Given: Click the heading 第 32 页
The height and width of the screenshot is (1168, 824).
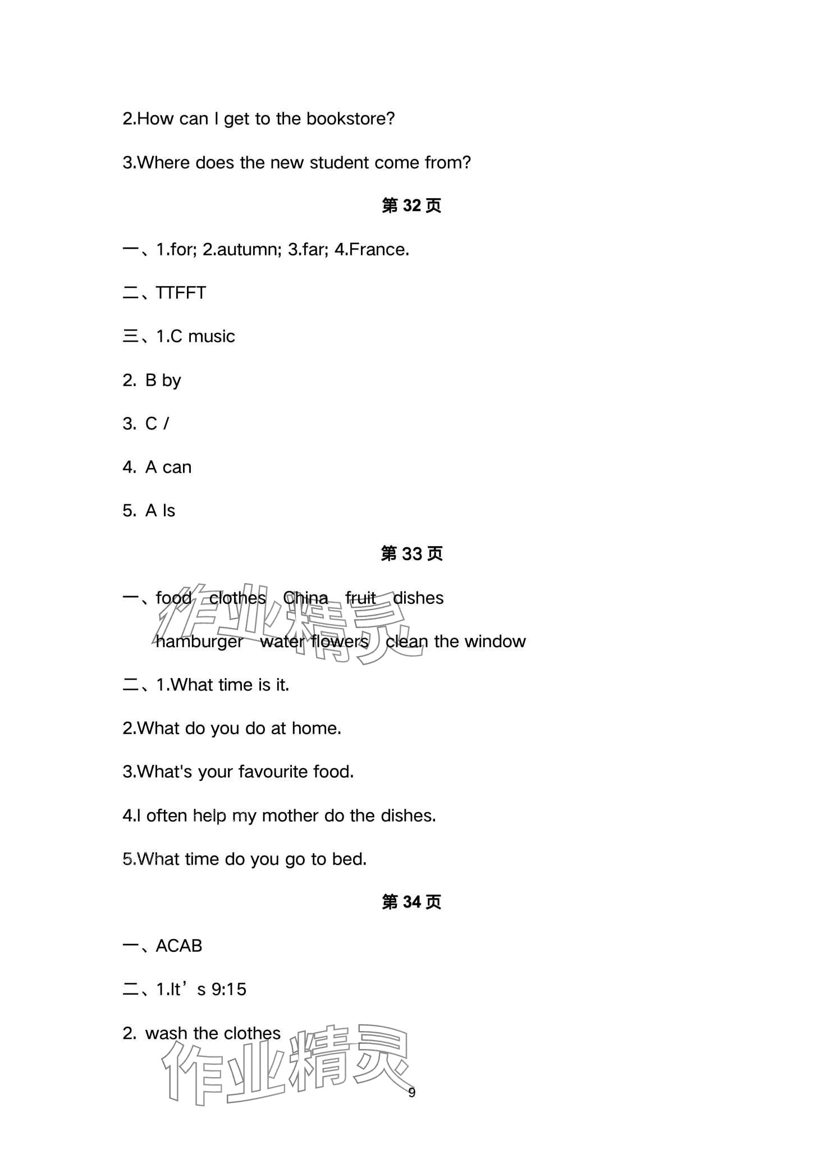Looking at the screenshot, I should coord(411,205).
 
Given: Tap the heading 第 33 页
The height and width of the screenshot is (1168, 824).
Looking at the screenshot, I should coord(411,553).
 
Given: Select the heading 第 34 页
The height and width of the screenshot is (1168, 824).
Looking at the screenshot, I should coord(411,902).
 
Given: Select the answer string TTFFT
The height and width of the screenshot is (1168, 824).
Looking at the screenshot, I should coord(181,293).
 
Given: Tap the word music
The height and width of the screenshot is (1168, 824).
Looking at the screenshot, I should coord(212,336).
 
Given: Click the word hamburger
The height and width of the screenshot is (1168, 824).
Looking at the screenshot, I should coord(199,642).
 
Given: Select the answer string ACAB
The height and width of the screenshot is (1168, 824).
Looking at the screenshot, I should coord(178,946).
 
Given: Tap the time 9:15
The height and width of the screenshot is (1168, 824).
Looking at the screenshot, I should coord(229,990).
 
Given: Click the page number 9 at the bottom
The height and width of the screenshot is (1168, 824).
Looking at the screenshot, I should coord(412,1092).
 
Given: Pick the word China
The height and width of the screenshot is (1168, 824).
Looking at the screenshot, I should coord(305,598).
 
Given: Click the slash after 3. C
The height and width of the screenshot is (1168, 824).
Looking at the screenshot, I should coord(166,424).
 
